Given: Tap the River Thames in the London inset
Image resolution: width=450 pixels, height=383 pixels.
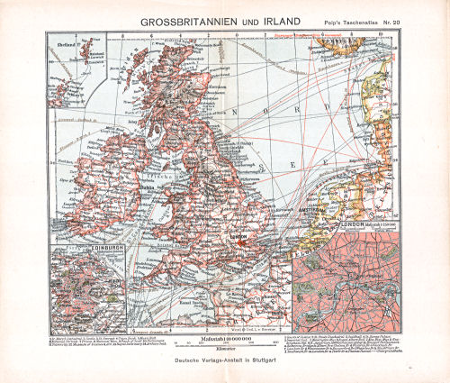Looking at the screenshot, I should pyautogui.click(x=360, y=270).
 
